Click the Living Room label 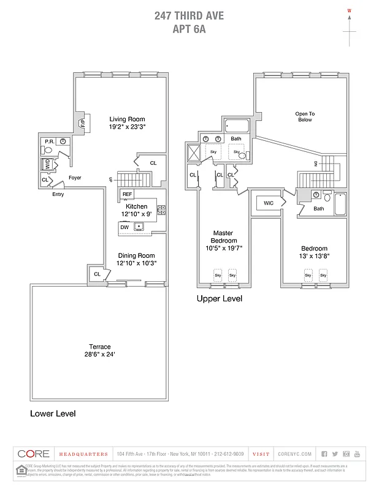tap(127, 119)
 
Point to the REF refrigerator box tap(127, 194)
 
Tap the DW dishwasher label tap(124, 227)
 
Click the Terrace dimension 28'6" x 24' tap(100, 355)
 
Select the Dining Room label tap(136, 255)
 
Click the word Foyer tap(75, 178)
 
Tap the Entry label tap(58, 194)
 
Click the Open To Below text tap(304, 116)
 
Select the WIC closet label tap(269, 203)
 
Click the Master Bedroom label tap(223, 236)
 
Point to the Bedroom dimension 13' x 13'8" tap(313, 257)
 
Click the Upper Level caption tap(219, 299)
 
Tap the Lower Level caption tap(53, 413)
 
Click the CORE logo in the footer tap(33, 454)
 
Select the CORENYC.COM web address tap(295, 454)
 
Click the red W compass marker tap(350, 10)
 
